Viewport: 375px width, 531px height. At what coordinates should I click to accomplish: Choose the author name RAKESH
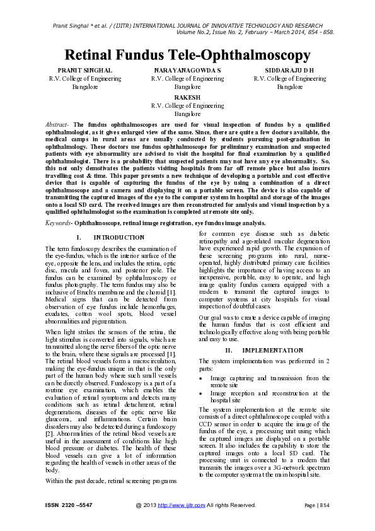(x=187, y=97)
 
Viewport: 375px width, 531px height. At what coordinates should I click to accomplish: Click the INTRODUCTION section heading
(x=118, y=237)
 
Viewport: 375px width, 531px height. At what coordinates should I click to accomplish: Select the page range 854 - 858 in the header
(x=320, y=32)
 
